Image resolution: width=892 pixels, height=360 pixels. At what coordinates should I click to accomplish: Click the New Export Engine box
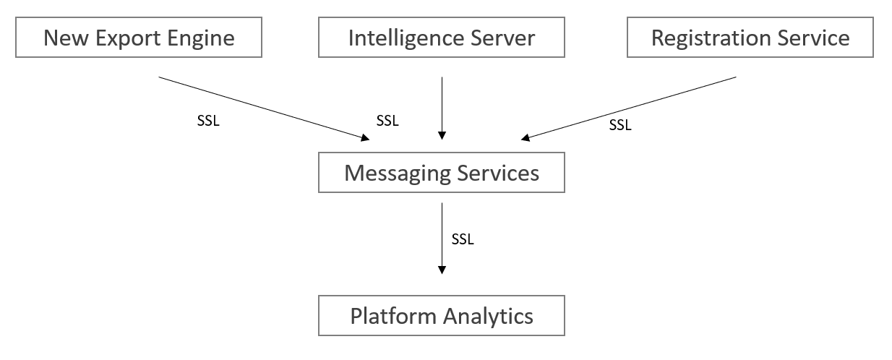pos(139,38)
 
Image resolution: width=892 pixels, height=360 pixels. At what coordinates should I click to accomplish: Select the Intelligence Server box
pos(441,38)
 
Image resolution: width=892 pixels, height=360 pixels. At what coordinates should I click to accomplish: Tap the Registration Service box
pos(750,38)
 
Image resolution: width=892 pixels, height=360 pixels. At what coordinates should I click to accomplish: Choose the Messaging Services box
pos(441,173)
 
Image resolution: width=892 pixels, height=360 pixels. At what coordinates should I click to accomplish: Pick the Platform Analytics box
pos(441,317)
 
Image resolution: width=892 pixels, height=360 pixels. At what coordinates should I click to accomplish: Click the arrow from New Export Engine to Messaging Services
pos(260,108)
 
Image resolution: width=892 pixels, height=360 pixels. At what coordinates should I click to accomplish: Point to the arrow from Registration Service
pos(629,108)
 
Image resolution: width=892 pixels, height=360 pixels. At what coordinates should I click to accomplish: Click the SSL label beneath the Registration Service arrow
pos(619,125)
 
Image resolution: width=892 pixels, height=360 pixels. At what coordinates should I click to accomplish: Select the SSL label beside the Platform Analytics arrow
pos(463,239)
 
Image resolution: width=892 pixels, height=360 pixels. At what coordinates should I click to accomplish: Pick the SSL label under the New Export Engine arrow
pos(208,121)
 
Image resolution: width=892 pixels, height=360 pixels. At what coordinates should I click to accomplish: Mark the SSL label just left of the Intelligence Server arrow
pos(387,121)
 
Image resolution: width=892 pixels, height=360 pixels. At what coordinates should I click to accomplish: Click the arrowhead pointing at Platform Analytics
pos(442,270)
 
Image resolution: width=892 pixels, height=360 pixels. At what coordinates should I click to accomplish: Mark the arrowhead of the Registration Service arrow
pos(526,137)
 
